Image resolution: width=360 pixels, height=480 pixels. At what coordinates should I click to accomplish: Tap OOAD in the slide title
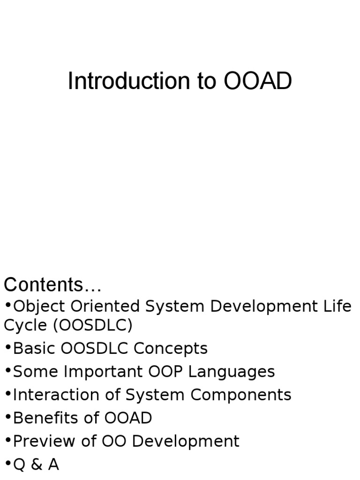[x=258, y=81]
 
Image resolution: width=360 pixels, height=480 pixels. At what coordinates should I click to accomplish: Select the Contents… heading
[x=52, y=285]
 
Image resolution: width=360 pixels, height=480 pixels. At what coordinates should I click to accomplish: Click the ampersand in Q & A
[x=37, y=465]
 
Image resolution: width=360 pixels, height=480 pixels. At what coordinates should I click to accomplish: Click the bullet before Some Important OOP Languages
[x=8, y=371]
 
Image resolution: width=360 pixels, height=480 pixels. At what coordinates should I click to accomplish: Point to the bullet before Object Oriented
[x=8, y=306]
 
